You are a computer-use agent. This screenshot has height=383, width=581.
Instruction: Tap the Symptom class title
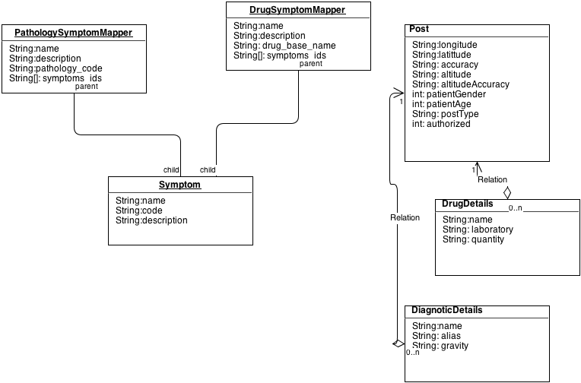pos(179,185)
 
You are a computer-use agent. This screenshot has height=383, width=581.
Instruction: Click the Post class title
pos(419,29)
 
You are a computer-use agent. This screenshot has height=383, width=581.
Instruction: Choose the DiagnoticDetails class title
pos(447,310)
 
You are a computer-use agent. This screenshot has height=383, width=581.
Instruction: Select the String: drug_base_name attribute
pos(284,46)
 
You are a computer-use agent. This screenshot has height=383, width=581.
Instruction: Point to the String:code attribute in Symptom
pos(139,210)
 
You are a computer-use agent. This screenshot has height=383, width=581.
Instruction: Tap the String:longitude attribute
pos(444,45)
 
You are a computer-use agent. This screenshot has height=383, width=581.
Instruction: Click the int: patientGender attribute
pos(449,94)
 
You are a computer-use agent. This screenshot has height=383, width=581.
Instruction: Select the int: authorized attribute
pos(441,124)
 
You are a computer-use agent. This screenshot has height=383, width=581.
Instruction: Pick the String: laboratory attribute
pos(478,229)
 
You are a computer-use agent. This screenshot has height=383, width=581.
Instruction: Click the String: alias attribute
pos(436,336)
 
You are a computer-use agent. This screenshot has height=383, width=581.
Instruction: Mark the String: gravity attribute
pos(440,346)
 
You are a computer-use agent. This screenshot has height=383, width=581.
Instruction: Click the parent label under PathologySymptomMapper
pos(87,86)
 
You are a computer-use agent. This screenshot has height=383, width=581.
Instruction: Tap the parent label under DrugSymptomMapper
pos(310,63)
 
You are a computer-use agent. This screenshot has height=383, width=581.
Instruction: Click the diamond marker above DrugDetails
pos(507,192)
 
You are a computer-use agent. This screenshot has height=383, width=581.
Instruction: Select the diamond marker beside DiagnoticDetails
pos(398,344)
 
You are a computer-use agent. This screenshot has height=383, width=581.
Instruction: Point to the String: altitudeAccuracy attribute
pos(461,84)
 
